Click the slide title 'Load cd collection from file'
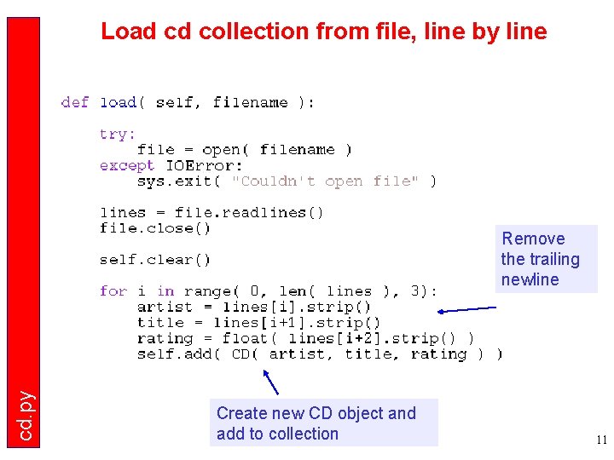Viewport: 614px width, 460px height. coord(323,32)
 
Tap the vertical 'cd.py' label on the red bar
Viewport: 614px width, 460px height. coord(26,416)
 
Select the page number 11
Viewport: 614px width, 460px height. coord(601,440)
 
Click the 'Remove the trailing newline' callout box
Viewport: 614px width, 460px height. coord(546,259)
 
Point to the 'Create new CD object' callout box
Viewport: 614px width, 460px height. coord(326,423)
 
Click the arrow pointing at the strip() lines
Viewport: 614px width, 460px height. coord(470,310)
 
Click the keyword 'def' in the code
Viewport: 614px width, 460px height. coord(75,103)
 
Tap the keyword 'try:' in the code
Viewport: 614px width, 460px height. coord(118,135)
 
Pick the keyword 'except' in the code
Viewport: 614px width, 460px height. coord(127,165)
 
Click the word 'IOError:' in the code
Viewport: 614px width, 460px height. coord(204,165)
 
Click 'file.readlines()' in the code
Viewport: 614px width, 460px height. coord(249,213)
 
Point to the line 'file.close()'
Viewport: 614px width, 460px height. coord(155,228)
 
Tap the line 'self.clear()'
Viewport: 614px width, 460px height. coord(155,260)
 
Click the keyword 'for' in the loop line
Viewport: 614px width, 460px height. coord(113,291)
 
